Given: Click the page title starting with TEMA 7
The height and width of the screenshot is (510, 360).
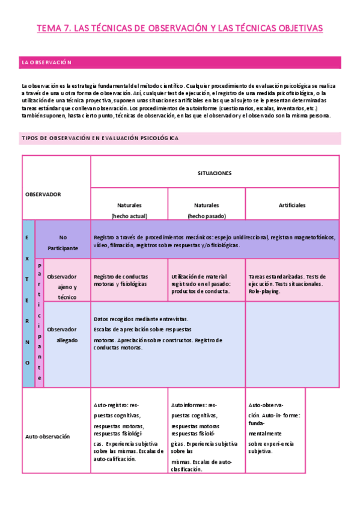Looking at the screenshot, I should tap(180, 28).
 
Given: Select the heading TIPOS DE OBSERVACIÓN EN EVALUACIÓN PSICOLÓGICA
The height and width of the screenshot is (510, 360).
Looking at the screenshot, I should tap(100, 138).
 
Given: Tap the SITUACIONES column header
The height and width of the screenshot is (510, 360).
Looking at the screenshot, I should tap(215, 173).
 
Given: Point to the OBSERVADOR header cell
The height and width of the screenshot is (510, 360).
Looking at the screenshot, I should tap(43, 194).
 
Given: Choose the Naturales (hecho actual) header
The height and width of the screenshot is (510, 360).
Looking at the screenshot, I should tap(129, 210).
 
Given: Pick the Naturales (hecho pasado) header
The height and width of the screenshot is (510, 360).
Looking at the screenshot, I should tap(206, 210).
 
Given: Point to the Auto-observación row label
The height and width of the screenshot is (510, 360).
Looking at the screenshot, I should tap(47, 436).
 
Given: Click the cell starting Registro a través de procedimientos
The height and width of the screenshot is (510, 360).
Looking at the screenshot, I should tap(215, 241).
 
